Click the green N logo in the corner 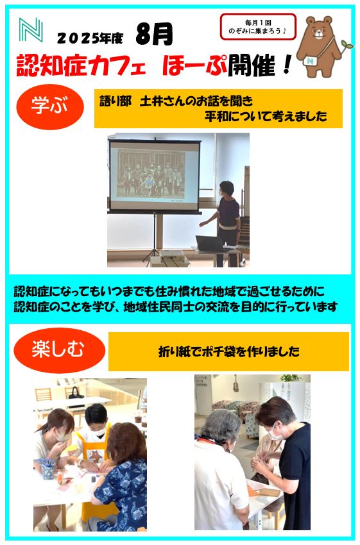click(31, 30)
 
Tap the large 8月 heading click(154, 34)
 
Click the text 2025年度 click(90, 38)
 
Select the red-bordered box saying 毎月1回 click(258, 27)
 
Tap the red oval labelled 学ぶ click(50, 106)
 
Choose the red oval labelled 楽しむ click(59, 350)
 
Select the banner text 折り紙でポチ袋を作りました click(229, 351)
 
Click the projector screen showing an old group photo click(155, 176)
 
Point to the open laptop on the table click(210, 244)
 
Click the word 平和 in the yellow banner click(216, 116)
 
